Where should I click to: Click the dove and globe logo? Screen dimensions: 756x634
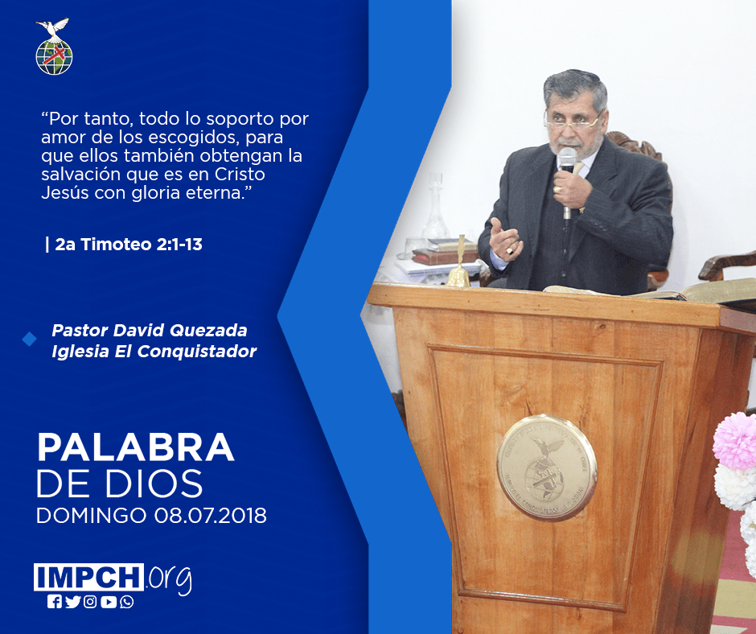point(54,47)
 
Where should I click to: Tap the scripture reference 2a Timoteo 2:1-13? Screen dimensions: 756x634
point(128,245)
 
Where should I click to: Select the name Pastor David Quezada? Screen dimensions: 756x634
point(150,331)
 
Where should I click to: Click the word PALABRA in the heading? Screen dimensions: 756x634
point(135,447)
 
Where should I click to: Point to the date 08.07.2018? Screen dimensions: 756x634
point(210,516)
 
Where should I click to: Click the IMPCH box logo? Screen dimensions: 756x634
point(88,577)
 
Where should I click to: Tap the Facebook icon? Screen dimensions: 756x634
point(54,602)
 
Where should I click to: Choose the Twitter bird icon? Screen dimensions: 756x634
point(72,602)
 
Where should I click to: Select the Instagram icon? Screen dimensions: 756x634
point(90,602)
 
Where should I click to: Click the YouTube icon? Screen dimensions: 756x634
point(109,602)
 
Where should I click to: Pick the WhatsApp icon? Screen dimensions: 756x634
point(127,602)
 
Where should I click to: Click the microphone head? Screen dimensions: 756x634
point(567,158)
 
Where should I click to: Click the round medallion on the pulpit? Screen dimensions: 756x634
point(547,467)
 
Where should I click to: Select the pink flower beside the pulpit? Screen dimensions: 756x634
point(735,440)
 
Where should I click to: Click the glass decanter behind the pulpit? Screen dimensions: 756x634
point(435,208)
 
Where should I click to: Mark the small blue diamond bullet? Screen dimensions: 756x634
point(30,340)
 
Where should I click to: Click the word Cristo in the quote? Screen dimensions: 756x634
point(240,174)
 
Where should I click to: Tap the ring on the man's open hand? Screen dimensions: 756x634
point(510,251)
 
